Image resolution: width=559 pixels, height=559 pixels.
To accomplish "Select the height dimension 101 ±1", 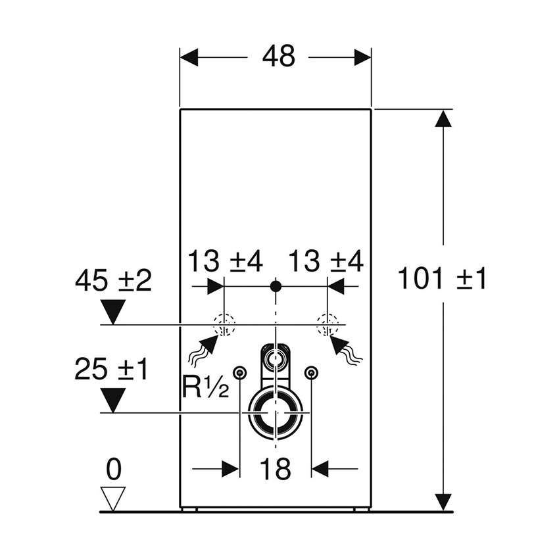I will click(441, 280).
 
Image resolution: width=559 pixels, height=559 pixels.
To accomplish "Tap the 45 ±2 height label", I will click(112, 281).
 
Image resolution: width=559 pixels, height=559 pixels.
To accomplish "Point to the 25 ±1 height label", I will click(110, 370).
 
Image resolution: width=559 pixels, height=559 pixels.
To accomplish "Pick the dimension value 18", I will click(275, 470).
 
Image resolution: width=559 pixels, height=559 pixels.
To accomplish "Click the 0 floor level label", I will click(114, 470).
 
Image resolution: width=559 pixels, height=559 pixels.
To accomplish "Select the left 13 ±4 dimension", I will click(225, 262).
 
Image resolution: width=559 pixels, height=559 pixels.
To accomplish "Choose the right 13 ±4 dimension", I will click(327, 262).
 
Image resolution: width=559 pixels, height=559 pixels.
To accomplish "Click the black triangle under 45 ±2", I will click(114, 310).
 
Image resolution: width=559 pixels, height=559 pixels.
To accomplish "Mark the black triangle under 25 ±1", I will click(114, 399).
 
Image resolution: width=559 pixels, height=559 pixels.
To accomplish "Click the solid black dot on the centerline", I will click(276, 286).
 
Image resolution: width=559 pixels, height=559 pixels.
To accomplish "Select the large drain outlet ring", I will click(276, 413).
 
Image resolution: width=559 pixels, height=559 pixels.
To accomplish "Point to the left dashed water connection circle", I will click(224, 324).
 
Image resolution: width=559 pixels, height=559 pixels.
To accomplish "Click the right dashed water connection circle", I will click(327, 324).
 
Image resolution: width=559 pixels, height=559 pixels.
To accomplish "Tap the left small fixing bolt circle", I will click(241, 372).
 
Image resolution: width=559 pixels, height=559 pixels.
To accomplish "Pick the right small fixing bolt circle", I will click(310, 372).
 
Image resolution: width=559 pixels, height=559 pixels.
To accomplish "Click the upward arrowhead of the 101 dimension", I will click(444, 120).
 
